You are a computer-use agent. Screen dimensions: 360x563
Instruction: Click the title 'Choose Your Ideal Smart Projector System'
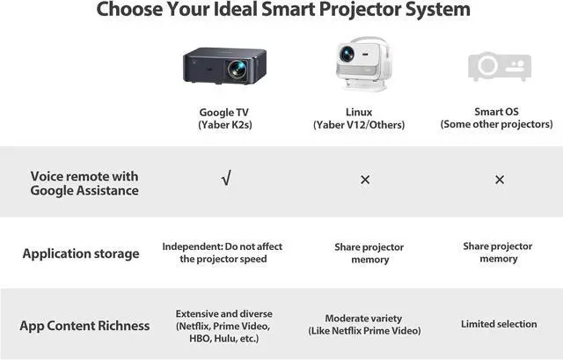pyautogui.click(x=282, y=11)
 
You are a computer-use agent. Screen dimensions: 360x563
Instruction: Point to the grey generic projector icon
pyautogui.click(x=498, y=66)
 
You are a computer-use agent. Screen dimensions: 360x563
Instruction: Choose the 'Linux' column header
pyautogui.click(x=359, y=113)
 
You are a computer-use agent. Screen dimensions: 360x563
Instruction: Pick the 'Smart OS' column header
pyautogui.click(x=497, y=113)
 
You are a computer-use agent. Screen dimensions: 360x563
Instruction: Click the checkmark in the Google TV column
pyautogui.click(x=226, y=180)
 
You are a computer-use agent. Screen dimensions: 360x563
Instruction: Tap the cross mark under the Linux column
pyautogui.click(x=364, y=180)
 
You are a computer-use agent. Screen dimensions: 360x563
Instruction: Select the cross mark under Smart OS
pyautogui.click(x=499, y=180)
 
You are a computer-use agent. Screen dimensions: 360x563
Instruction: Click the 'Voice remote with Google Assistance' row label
pyautogui.click(x=84, y=183)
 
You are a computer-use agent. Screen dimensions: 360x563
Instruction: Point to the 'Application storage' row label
pyautogui.click(x=81, y=253)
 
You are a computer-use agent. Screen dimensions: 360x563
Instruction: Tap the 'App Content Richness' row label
pyautogui.click(x=84, y=326)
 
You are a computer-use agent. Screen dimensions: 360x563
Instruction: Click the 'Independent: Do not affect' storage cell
pyautogui.click(x=223, y=253)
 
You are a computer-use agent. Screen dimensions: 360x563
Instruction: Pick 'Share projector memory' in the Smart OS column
pyautogui.click(x=498, y=253)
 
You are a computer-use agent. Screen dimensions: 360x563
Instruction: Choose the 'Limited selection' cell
pyautogui.click(x=499, y=324)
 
